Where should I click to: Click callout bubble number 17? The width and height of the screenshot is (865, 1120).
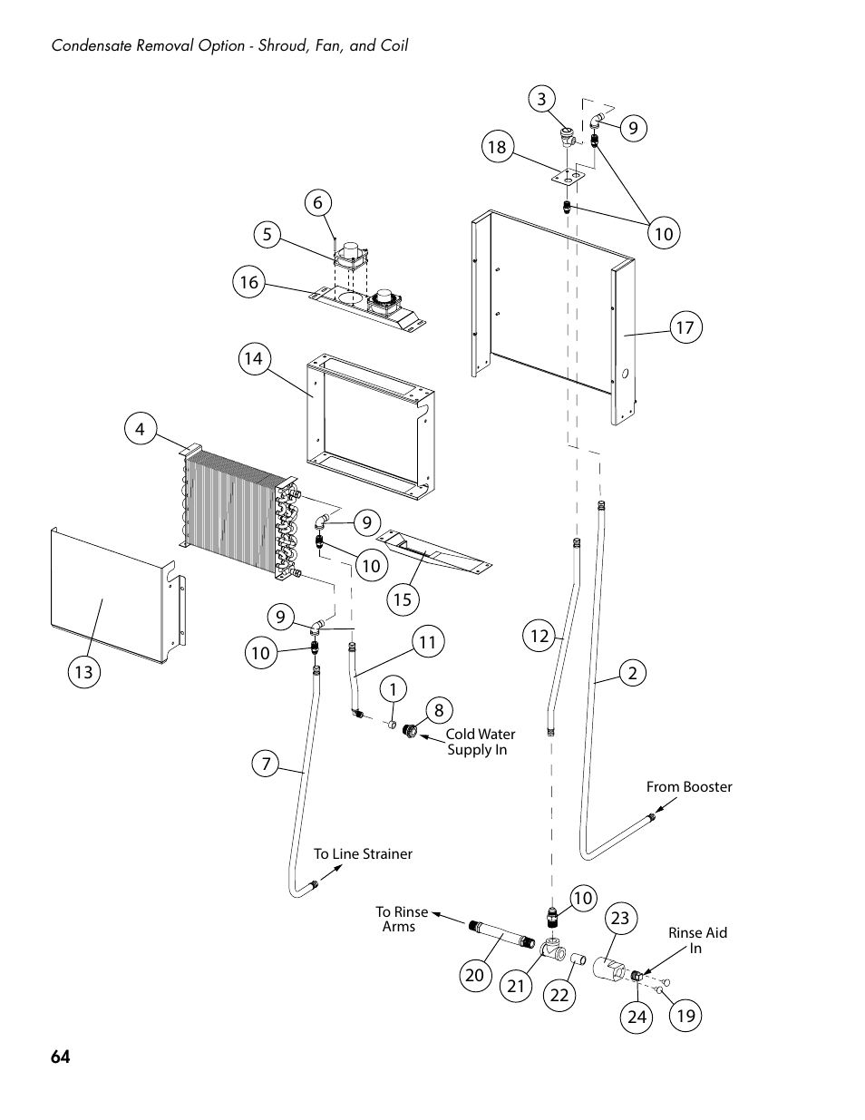[x=685, y=326]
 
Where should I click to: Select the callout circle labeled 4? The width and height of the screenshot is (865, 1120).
[x=141, y=428]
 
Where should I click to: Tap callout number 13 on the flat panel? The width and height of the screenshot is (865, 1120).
[x=83, y=672]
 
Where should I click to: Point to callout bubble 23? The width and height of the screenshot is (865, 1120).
[x=619, y=919]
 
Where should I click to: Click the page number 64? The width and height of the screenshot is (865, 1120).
[x=61, y=1057]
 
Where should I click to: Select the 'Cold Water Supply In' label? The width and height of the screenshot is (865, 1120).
[x=479, y=742]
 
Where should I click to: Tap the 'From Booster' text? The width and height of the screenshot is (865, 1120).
[x=688, y=787]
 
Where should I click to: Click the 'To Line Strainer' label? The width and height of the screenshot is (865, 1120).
[x=363, y=854]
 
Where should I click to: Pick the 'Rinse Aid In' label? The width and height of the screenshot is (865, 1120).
[x=697, y=940]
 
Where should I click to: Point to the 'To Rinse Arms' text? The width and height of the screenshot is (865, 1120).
[x=401, y=919]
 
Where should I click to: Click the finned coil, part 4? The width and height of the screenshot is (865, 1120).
[x=231, y=512]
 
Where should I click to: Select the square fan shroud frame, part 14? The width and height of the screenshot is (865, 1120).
[x=367, y=422]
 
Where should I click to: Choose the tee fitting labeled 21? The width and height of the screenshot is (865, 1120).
[x=550, y=950]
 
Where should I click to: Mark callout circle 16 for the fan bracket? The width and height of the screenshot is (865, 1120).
[x=248, y=282]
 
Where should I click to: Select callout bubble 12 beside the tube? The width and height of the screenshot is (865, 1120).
[x=540, y=637]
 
